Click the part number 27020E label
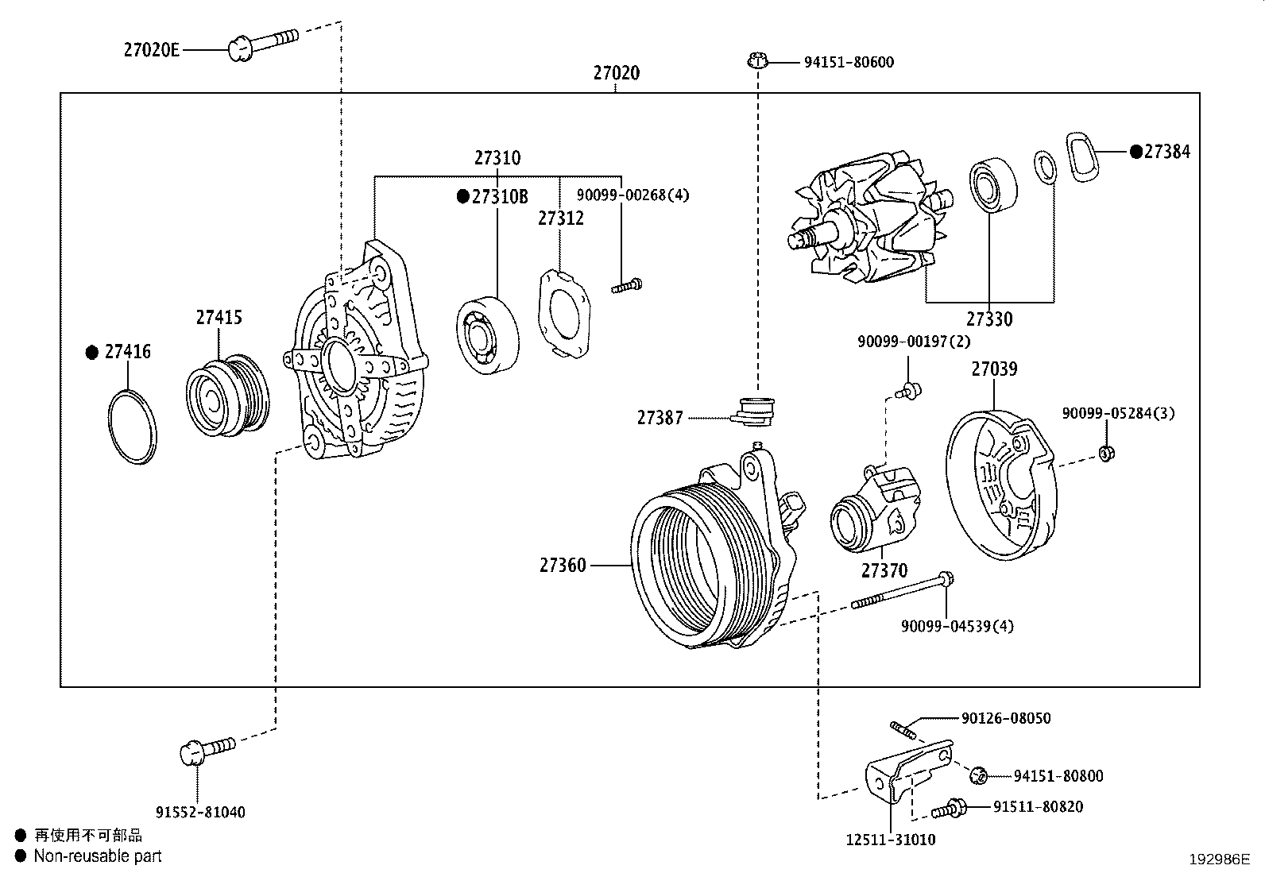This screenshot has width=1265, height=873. click(x=151, y=50)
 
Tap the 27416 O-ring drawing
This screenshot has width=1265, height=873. click(x=132, y=427)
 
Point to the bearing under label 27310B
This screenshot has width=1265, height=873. click(x=488, y=334)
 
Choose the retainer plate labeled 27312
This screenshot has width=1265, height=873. click(x=567, y=314)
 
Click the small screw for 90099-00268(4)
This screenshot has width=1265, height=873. click(x=626, y=285)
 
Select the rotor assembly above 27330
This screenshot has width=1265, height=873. click(x=869, y=218)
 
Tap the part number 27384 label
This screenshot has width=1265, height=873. click(x=1166, y=151)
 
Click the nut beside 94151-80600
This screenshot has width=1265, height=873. click(x=757, y=60)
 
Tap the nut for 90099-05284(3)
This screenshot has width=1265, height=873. click(x=1105, y=453)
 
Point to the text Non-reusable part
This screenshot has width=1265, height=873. click(x=98, y=856)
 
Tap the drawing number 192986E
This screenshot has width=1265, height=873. click(x=1219, y=859)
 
